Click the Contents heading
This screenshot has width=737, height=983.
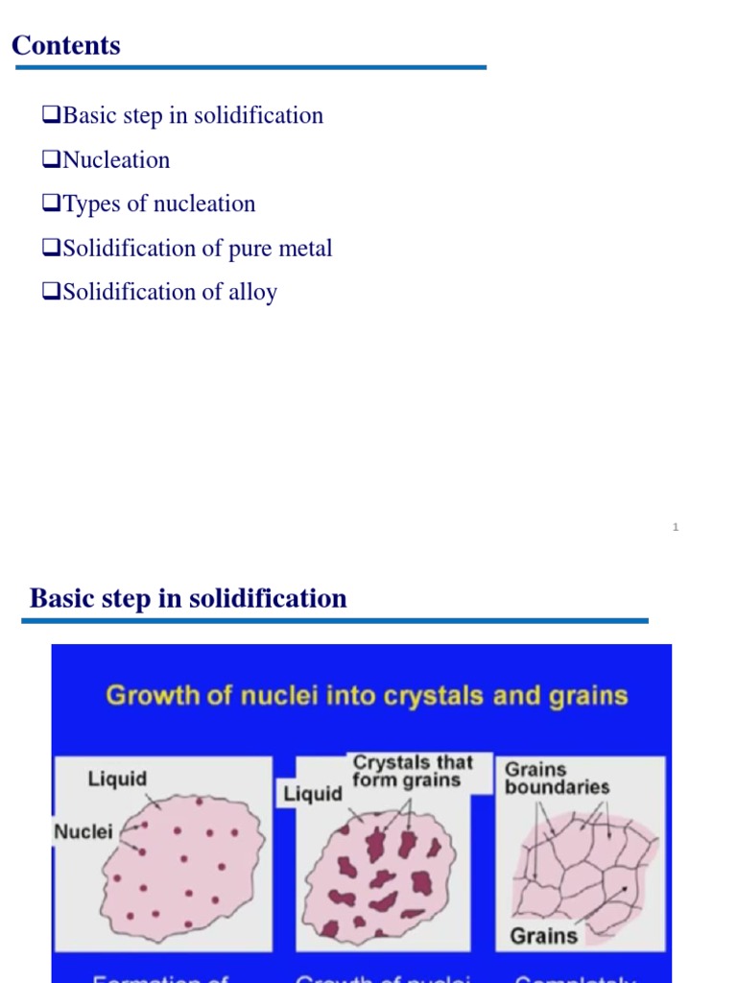pos(66,45)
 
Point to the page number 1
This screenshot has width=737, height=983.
pos(676,527)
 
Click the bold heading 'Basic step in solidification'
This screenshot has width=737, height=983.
pos(188,599)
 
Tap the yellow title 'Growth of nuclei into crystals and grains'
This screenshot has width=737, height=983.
pos(367,695)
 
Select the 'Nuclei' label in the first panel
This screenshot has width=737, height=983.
pos(83,831)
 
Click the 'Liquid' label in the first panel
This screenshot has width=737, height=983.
pos(116,779)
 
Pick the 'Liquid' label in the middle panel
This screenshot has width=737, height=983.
pos(313,794)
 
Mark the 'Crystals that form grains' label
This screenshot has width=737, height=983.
pos(413,772)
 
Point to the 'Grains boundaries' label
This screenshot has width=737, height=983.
pos(557,778)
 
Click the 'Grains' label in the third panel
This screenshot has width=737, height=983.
pos(544,935)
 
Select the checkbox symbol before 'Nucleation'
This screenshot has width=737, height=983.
pos(51,160)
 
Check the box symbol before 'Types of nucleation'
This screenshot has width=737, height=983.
pos(51,204)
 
